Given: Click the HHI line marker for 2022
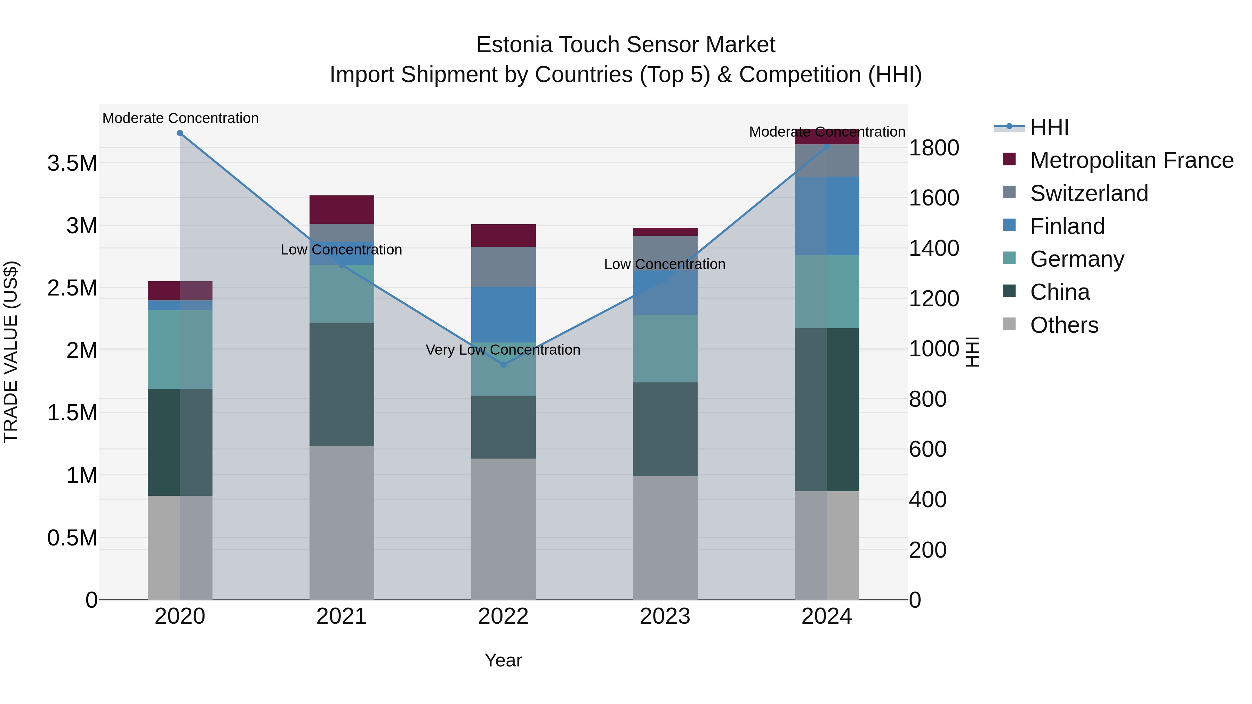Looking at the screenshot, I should [504, 364].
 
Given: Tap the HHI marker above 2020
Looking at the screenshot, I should [180, 133].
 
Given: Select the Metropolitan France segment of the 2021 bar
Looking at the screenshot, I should [342, 209].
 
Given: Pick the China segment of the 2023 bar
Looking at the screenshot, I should [665, 429].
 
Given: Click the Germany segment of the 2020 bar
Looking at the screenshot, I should [180, 349].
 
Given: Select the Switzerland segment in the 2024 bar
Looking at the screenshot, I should [827, 160].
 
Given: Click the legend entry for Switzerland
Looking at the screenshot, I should [1089, 193].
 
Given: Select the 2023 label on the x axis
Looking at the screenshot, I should [665, 616].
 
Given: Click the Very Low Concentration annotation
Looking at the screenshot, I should [503, 350].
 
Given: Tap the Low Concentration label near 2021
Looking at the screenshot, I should [341, 250].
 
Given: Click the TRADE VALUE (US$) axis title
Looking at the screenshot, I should [11, 352].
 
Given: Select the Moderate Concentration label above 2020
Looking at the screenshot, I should [180, 118].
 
